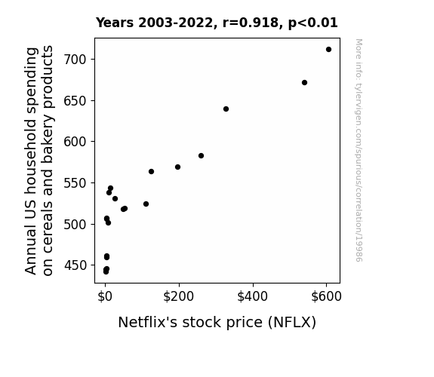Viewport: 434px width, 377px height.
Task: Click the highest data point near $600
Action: [x=328, y=50]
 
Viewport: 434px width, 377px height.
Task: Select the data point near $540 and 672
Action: [x=304, y=82]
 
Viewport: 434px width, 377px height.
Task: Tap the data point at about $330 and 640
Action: [x=226, y=109]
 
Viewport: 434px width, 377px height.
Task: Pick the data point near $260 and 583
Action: [x=202, y=156]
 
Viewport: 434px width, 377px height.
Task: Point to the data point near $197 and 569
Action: [x=177, y=167]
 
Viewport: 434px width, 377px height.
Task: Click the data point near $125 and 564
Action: [x=151, y=171]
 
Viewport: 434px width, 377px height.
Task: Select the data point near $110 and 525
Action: [x=146, y=204]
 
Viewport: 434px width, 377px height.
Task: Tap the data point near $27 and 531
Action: [x=115, y=198]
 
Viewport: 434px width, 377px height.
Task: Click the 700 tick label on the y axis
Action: [x=75, y=60]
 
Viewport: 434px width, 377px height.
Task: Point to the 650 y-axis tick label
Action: [x=75, y=101]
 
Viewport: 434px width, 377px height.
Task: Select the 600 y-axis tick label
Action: [x=75, y=142]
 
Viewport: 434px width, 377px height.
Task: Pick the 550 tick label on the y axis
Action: [x=75, y=183]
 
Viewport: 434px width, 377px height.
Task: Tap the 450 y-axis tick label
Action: [x=75, y=265]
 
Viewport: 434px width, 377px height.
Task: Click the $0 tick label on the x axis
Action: [x=105, y=296]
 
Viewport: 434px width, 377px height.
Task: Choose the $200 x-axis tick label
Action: [x=179, y=296]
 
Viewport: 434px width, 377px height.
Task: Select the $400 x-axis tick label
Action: [x=252, y=296]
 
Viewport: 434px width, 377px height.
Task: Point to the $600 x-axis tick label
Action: [x=326, y=296]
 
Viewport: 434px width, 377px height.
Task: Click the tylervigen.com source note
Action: [x=359, y=150]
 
